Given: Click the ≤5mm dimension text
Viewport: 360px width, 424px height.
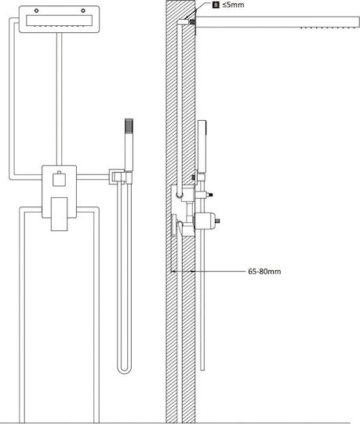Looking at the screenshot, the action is click(234, 5).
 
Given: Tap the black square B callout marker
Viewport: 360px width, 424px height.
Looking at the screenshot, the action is click(216, 5).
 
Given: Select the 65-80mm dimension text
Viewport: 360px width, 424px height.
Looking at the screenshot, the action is click(264, 271).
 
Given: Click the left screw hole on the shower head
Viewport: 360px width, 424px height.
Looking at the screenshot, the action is click(36, 10).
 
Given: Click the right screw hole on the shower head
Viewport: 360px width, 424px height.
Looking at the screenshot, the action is click(83, 10).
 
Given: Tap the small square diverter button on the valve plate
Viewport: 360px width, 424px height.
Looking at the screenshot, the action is click(59, 179).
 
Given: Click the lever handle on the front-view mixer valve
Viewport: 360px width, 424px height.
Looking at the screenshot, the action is click(59, 214).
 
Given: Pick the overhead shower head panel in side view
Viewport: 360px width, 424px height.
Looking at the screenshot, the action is click(278, 22).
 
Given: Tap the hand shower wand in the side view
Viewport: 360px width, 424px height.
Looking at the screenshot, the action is click(202, 145).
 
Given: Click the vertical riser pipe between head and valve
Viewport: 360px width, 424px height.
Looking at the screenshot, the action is click(59, 99).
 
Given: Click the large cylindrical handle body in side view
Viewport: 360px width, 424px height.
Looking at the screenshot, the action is click(205, 221).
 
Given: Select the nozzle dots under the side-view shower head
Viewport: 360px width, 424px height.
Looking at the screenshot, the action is click(329, 27).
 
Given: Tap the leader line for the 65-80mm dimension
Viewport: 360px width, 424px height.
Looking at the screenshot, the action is click(218, 271).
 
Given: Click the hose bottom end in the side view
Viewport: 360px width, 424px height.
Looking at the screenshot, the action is click(202, 368).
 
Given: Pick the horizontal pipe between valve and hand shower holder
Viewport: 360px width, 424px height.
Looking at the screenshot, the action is click(93, 177).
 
